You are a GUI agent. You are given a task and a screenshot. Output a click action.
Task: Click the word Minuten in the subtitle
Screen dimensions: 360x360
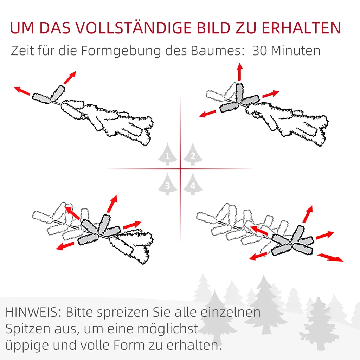tap(296, 51)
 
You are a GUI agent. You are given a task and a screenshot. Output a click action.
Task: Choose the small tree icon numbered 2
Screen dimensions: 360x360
tap(192, 154)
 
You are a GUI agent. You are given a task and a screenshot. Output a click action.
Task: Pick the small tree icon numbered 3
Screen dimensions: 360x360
tap(168, 184)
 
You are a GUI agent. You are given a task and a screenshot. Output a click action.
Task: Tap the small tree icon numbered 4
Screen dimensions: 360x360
tap(192, 184)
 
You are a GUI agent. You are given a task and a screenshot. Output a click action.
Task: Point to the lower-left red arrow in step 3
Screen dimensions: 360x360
tap(65, 245)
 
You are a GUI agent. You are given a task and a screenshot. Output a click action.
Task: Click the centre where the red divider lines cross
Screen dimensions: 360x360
tap(180, 169)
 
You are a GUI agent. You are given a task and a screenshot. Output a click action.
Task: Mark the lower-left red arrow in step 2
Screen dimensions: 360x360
tap(207, 113)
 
